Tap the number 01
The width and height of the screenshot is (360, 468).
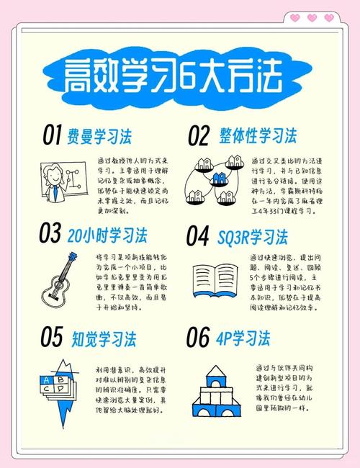tap(53, 135)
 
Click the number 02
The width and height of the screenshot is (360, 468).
tap(199, 135)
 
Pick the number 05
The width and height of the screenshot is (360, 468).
tap(53, 336)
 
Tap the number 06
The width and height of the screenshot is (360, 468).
tap(199, 336)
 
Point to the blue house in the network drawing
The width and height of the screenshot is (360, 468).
tap(217, 178)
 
